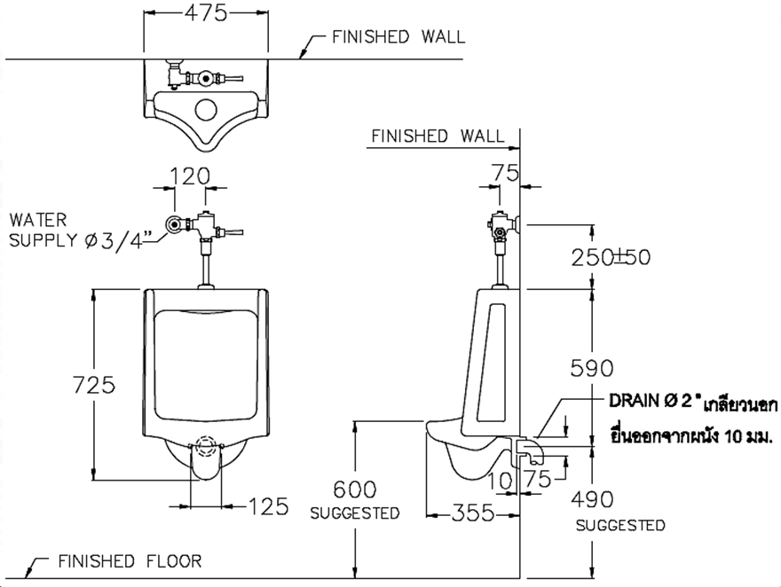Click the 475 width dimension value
pyautogui.click(x=206, y=12)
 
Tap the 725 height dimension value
pyautogui.click(x=93, y=385)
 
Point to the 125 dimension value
pyautogui.click(x=269, y=506)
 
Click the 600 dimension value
pyautogui.click(x=354, y=489)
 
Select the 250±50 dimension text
pyautogui.click(x=611, y=257)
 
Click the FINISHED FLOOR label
pyautogui.click(x=130, y=561)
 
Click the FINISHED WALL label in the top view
pyautogui.click(x=398, y=37)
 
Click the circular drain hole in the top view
pyautogui.click(x=206, y=110)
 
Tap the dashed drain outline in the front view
pyautogui.click(x=206, y=446)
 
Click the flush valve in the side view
pyautogui.click(x=502, y=226)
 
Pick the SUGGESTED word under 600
pyautogui.click(x=354, y=513)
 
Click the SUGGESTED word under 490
pyautogui.click(x=620, y=526)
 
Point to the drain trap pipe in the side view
pyautogui.click(x=531, y=451)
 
